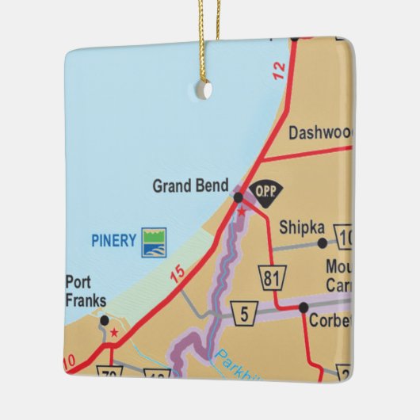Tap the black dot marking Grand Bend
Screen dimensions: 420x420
238,197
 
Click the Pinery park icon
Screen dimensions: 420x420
154,242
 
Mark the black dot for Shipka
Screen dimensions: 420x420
322,243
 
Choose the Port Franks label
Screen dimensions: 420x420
82,291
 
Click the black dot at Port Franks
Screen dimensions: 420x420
104,319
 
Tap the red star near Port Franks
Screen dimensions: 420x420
114,333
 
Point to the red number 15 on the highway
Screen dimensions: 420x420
178,274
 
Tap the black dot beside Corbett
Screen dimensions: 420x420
304,307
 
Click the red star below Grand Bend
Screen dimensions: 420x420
241,212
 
